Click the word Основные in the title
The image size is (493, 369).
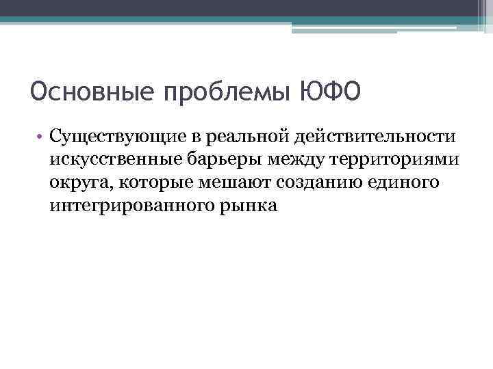81,91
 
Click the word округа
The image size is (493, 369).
73,183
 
